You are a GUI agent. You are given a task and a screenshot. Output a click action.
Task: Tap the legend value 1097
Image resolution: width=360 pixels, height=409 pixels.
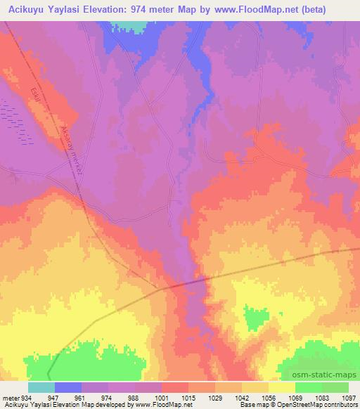click(x=349, y=396)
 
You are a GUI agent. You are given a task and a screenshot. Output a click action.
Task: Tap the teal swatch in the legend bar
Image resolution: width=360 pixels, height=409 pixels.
click(x=41, y=387)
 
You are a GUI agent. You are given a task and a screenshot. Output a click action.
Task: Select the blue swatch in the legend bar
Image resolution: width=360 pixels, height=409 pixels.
click(x=68, y=387)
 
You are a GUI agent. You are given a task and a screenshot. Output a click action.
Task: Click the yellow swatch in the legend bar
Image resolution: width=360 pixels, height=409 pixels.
click(x=282, y=387)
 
